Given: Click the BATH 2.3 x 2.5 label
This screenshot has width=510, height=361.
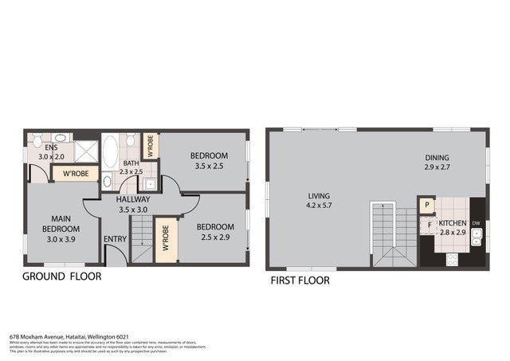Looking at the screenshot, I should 131,167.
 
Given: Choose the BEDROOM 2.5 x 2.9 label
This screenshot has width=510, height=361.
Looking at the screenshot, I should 213,232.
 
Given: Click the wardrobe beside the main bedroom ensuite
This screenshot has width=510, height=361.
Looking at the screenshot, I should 75,172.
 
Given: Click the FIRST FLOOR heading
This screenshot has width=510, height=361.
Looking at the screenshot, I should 300,281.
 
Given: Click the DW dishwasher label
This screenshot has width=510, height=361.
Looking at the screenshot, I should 476,223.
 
